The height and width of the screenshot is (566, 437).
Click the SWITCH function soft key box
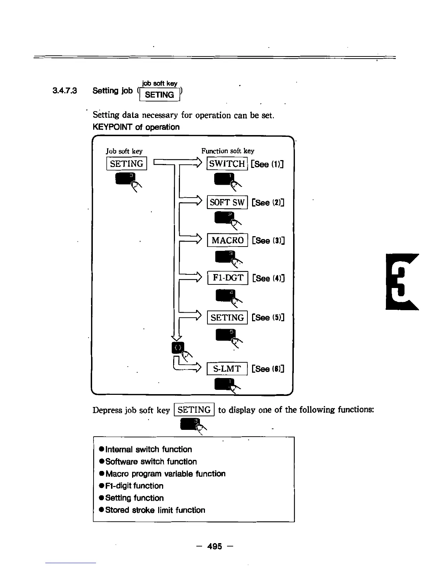227,164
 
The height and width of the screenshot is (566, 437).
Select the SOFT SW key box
227,202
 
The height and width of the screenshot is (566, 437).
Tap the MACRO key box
227,240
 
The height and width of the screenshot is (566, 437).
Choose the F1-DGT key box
228,278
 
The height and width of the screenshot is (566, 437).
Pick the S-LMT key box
227,369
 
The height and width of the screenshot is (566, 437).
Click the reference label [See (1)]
267,164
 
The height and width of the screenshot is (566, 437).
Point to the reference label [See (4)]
268,278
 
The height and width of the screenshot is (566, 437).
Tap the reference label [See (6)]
268,369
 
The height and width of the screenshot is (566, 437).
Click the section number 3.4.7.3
65,91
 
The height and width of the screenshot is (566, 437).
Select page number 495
215,546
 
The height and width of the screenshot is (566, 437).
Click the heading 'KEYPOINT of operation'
136,127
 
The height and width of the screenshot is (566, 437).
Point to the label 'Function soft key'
228,151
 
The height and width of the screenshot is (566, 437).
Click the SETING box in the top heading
160,95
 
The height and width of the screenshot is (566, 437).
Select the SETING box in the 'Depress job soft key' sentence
194,410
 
